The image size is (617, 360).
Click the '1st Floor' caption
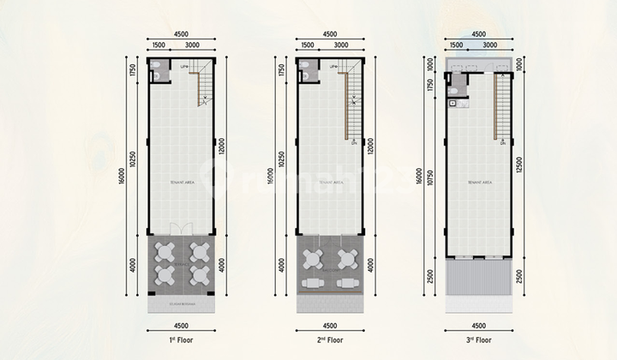click(181, 340)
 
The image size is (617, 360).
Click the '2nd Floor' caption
click(331, 340)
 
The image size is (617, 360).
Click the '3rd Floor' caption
click(479, 340)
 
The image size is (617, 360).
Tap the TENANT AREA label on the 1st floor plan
click(181, 183)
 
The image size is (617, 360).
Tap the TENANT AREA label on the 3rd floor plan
click(479, 183)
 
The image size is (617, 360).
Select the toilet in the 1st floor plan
click(157, 75)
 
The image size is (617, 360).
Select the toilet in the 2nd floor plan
click(306, 75)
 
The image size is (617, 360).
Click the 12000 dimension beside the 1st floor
click(222, 147)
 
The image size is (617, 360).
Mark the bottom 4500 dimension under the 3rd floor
click(479, 325)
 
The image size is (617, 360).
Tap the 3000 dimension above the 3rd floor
click(491, 45)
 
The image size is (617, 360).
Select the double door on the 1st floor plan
click(181, 229)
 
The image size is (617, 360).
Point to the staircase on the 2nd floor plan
click(351, 103)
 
